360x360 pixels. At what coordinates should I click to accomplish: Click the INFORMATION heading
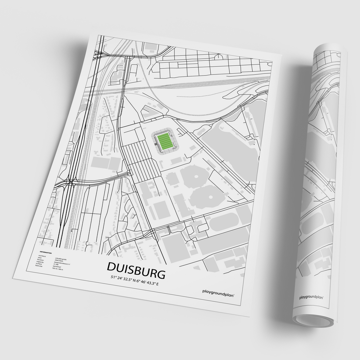[x=46, y=253]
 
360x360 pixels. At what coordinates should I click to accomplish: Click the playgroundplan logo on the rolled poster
[x=312, y=297]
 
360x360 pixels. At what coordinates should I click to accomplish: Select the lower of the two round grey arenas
[x=204, y=196]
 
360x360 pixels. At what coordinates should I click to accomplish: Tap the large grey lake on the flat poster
[x=230, y=140]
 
